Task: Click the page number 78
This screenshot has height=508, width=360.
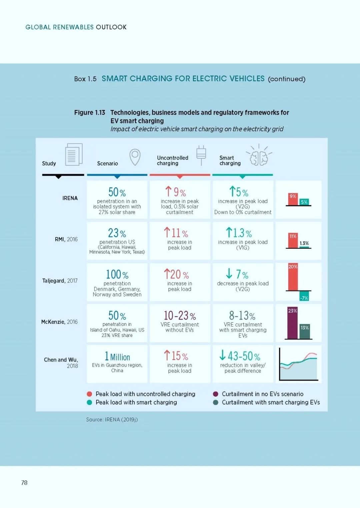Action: (x=24, y=483)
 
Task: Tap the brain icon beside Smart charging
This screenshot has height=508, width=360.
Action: (x=259, y=155)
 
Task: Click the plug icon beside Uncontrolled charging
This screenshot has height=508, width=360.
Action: (x=201, y=155)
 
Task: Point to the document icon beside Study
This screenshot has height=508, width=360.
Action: (x=74, y=154)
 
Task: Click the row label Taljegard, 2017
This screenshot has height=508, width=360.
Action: (x=60, y=281)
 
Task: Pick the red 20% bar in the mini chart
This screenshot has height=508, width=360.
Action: (x=293, y=277)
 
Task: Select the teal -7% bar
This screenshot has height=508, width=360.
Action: (x=304, y=296)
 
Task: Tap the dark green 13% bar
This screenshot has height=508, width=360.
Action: (x=305, y=332)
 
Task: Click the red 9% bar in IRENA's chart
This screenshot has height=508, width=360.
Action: (x=293, y=199)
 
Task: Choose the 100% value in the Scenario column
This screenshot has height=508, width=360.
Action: (x=117, y=274)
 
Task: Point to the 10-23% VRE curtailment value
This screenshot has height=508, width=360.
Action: (x=180, y=315)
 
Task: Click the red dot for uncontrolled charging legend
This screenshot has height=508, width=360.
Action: (x=89, y=394)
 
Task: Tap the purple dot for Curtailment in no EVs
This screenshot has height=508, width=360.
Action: (x=216, y=394)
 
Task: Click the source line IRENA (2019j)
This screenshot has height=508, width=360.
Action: (x=112, y=420)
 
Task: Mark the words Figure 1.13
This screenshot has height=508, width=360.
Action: (x=90, y=112)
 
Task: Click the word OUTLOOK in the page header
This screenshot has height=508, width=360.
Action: (x=111, y=27)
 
